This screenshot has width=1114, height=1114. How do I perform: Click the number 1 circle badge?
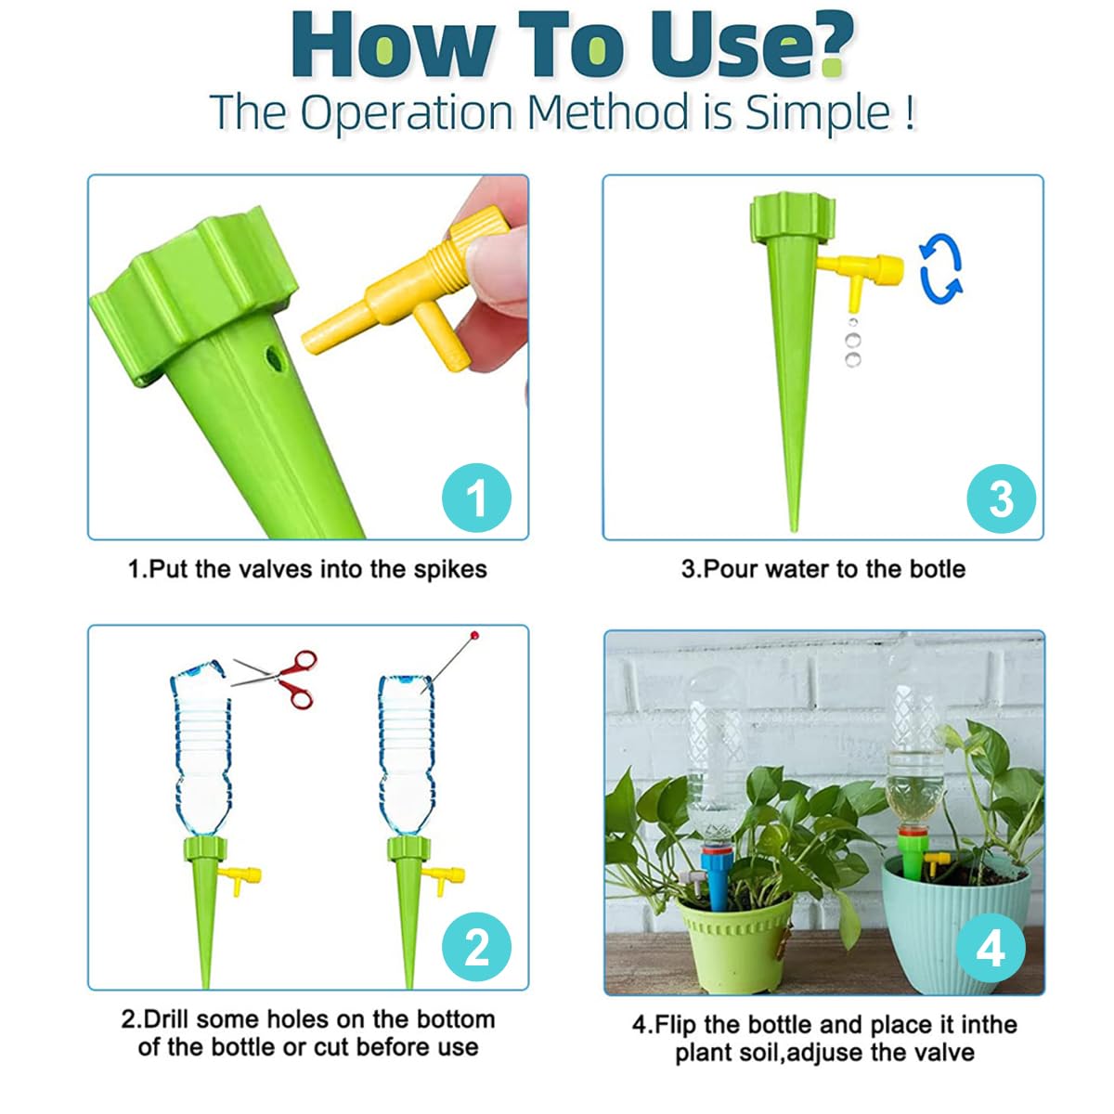tap(476, 498)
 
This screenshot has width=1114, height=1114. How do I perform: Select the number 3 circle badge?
tap(1001, 499)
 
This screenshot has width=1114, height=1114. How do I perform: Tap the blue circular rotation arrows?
tap(941, 269)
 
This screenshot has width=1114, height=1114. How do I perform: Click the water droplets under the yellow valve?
tap(853, 343)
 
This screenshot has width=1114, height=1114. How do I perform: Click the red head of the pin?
tap(474, 635)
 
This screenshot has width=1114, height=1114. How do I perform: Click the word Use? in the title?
tap(751, 46)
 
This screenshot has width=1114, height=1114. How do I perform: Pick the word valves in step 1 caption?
tap(275, 569)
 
